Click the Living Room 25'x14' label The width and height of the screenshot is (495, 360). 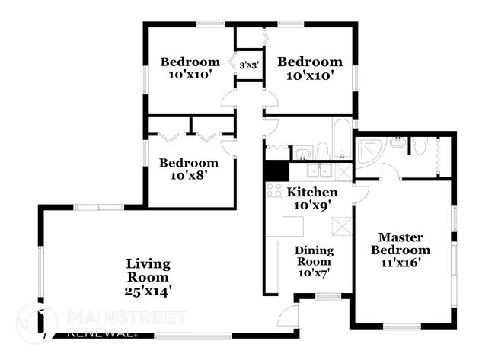148,277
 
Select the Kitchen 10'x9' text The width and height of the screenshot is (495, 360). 311,199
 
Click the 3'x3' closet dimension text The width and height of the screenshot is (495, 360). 250,65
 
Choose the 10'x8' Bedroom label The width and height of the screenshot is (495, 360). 188,169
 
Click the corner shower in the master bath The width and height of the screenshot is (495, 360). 369,151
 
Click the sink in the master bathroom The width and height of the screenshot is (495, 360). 397,142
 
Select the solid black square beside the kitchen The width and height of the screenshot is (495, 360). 274,171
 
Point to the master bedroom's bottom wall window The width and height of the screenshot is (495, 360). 402,327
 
